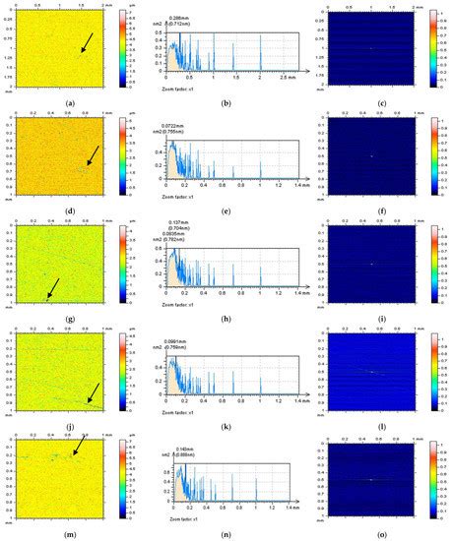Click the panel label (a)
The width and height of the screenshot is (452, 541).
(70, 102)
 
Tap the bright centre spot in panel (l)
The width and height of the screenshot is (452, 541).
(372, 371)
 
